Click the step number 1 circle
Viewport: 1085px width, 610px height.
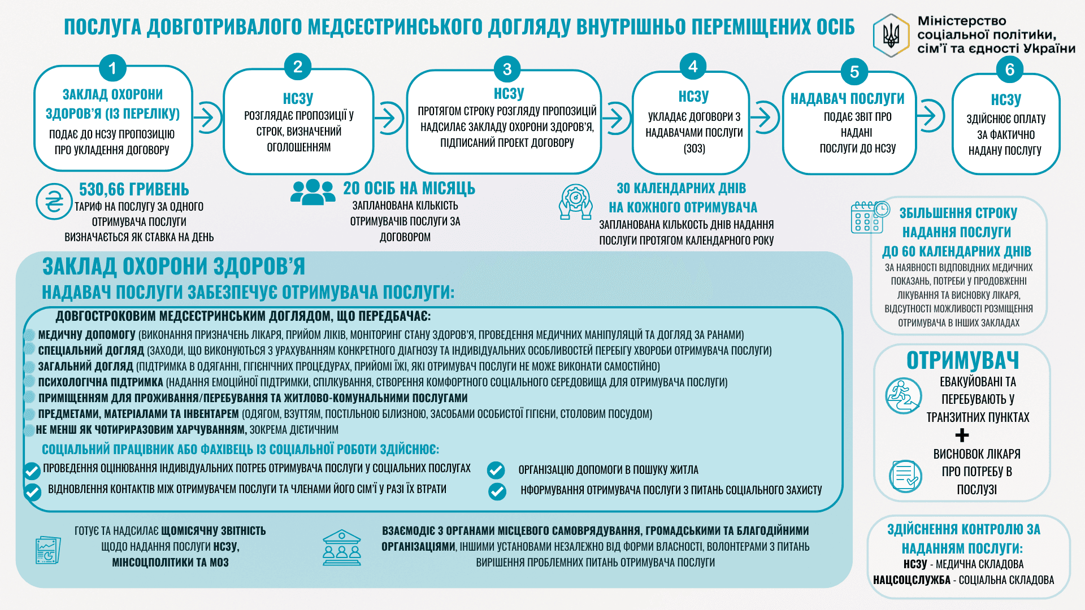pos(112,68)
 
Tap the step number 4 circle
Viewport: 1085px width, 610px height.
pos(693,67)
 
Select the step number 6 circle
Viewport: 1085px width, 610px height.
pos(1009,70)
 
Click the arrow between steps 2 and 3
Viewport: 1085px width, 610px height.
pos(389,118)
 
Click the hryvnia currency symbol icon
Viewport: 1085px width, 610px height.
pos(54,202)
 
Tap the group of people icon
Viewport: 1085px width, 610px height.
pos(313,192)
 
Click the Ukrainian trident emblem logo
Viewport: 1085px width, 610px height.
pos(891,36)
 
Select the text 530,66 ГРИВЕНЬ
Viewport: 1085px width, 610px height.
pos(134,189)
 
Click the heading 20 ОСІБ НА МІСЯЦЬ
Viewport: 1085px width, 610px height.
pos(409,189)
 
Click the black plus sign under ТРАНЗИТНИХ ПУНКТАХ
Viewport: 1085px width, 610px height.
pos(962,435)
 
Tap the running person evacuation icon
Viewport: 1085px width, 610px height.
pos(903,396)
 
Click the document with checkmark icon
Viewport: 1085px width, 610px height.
pos(905,476)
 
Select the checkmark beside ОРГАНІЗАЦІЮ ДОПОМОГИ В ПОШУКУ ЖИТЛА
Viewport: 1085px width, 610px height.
pos(496,470)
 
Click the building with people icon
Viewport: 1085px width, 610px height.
pos(341,547)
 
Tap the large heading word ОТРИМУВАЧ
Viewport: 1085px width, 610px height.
pos(962,360)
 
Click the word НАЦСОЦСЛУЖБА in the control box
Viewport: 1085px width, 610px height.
pos(912,580)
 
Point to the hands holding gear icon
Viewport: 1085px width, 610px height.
pos(575,202)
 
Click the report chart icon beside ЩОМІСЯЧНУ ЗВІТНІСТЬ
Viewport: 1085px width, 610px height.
pos(48,550)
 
